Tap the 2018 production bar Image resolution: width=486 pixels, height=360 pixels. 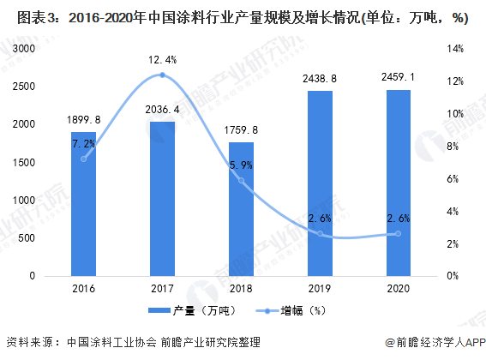241,209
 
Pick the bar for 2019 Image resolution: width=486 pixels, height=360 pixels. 320,183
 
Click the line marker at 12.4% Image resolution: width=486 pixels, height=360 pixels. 162,75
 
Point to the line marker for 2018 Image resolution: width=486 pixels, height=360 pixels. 241,181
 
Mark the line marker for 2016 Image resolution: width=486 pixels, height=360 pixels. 83,159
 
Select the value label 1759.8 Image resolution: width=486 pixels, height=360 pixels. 241,130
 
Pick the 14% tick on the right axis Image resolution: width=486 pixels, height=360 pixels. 455,49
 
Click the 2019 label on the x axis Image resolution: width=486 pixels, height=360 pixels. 320,290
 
